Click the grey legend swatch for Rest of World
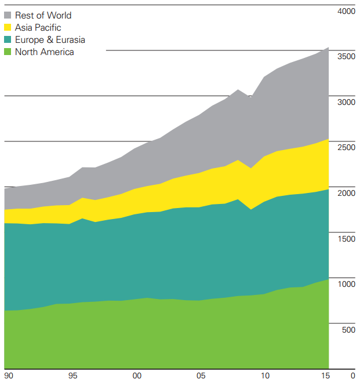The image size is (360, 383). pos(8,16)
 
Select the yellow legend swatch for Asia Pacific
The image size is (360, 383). pos(8,28)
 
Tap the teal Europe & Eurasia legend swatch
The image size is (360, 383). pos(8,40)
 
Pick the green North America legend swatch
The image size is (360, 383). pos(8,52)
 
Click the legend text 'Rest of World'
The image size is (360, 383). pos(43,16)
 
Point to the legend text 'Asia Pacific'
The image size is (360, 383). pos(38,28)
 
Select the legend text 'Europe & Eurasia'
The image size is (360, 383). pos(50,40)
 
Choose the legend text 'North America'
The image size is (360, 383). pos(45,52)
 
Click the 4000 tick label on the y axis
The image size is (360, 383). pos(346,12)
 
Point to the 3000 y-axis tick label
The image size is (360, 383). pos(346,103)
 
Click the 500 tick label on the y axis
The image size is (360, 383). pos(348,330)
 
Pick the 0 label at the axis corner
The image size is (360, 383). pos(352,375)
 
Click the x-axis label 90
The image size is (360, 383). pos(9,375)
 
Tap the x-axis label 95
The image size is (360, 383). pos(73,375)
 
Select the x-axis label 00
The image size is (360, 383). pos(137,375)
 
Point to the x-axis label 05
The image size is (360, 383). pos(201,375)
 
